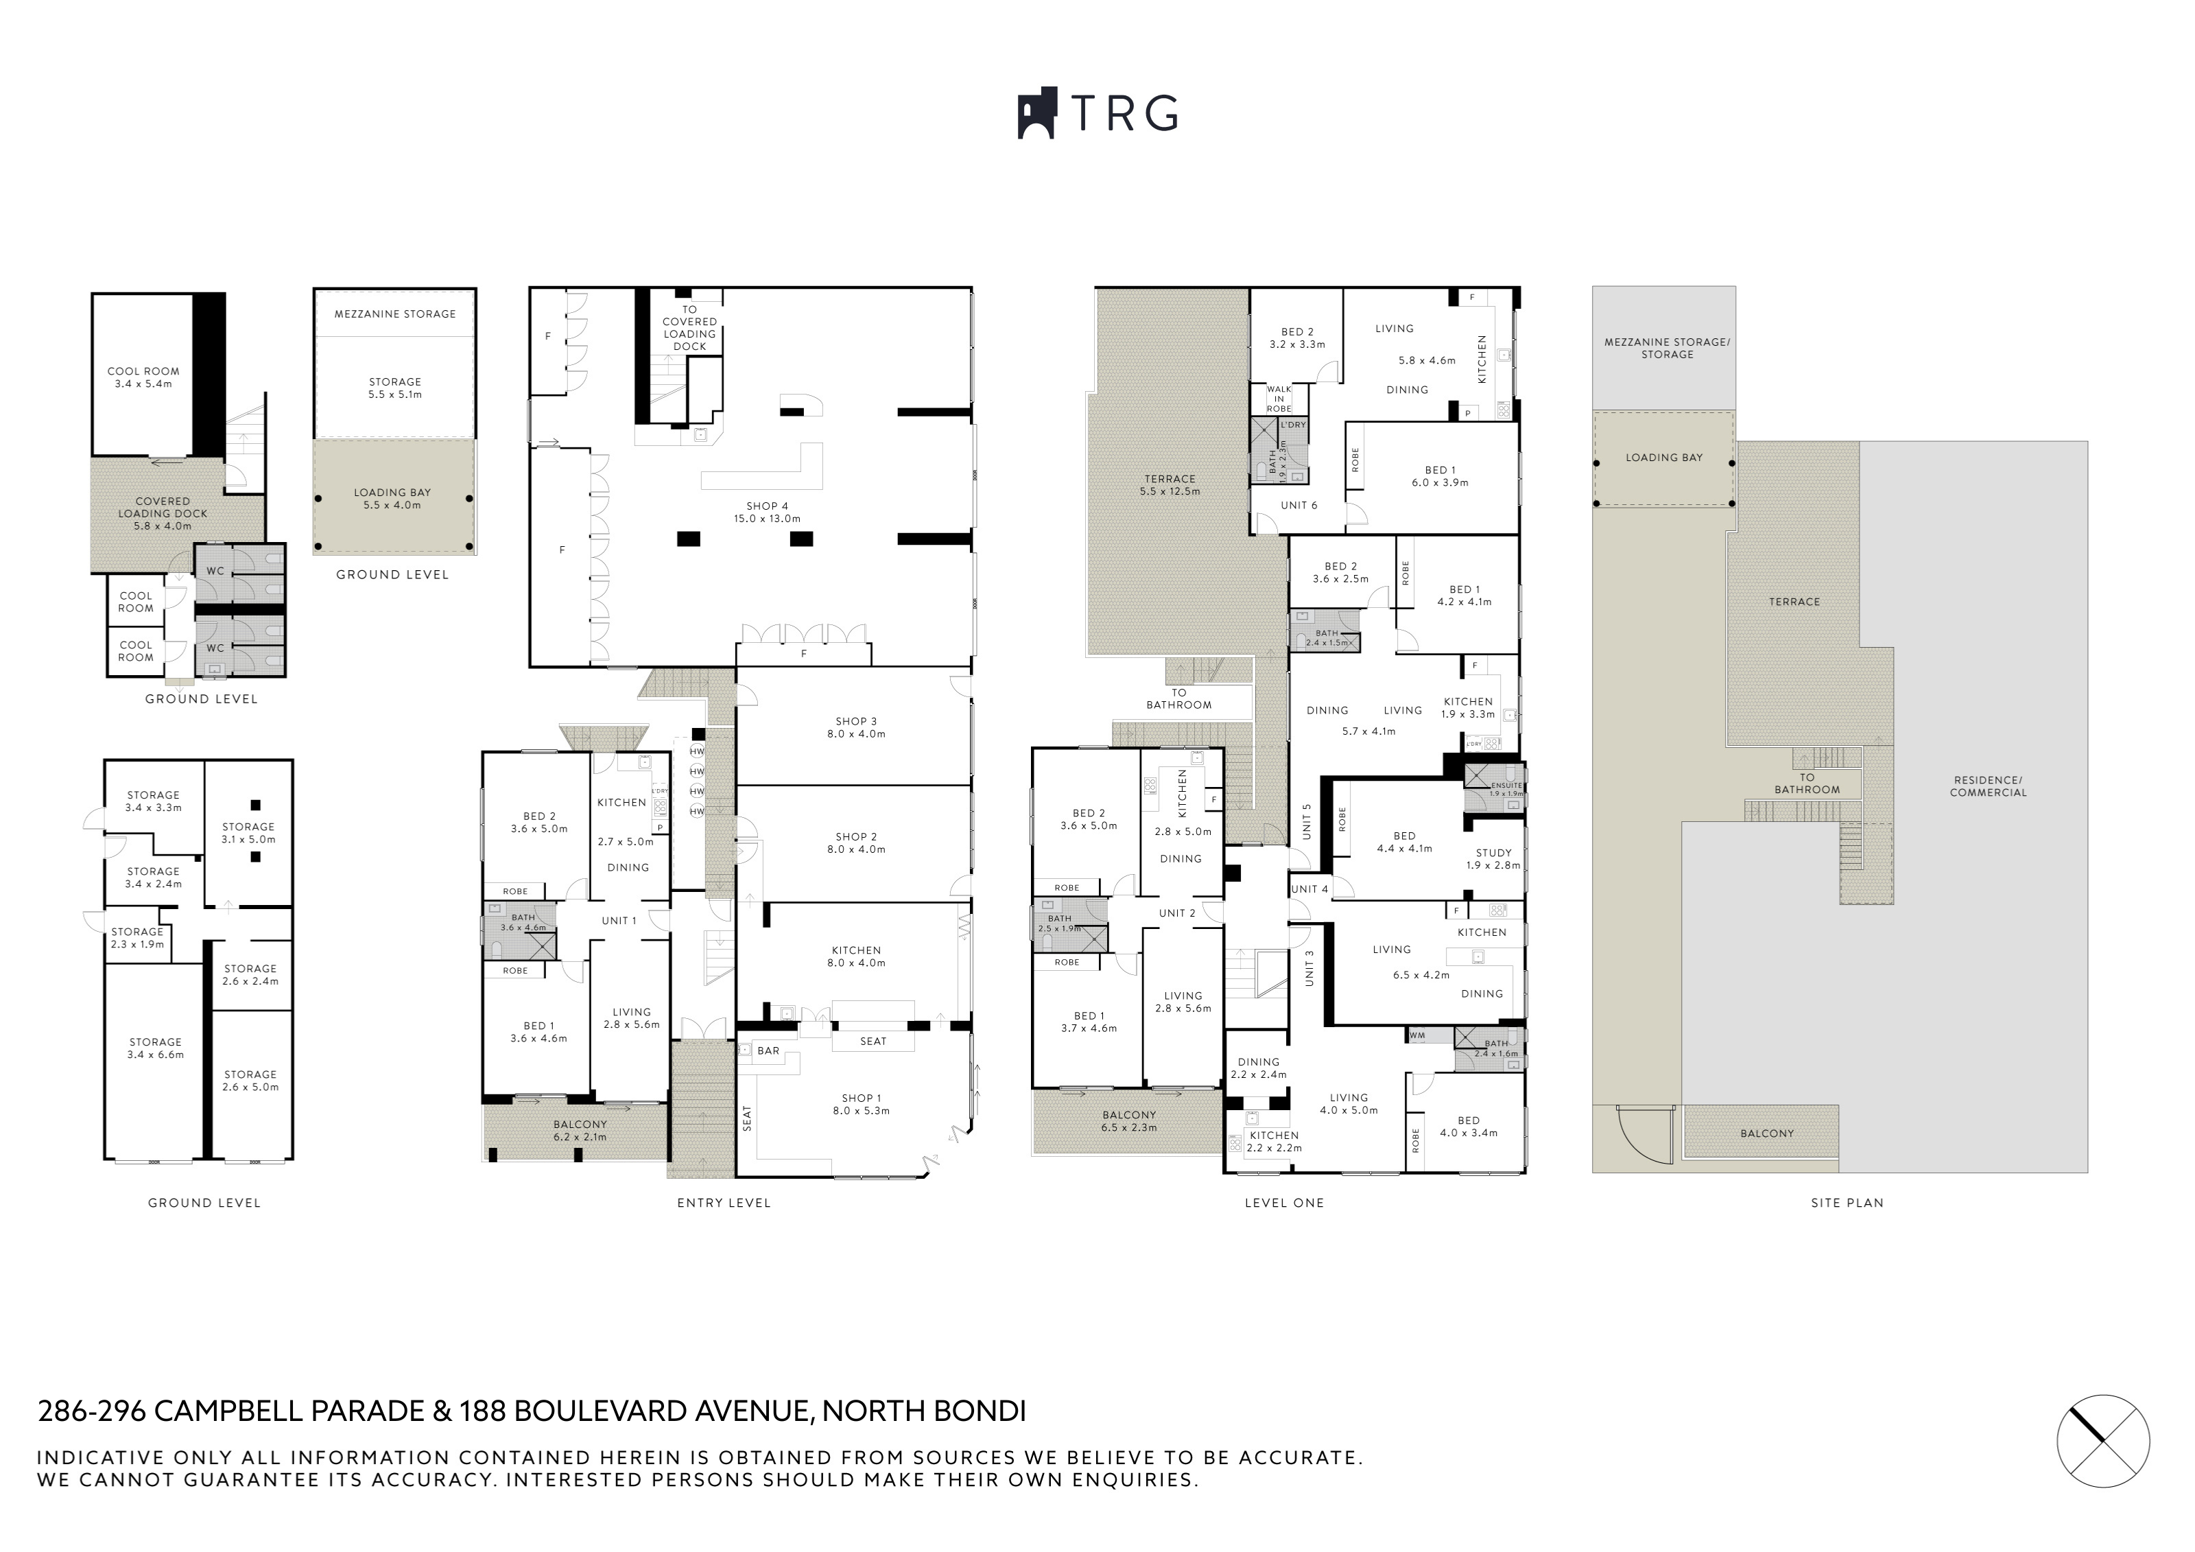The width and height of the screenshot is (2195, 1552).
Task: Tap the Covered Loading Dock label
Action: (163, 513)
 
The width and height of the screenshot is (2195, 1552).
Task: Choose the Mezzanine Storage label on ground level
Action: (395, 314)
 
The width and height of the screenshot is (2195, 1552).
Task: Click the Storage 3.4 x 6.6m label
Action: (156, 1048)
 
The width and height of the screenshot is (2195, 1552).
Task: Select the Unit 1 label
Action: (619, 921)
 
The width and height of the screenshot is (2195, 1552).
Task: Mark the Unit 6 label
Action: (1299, 505)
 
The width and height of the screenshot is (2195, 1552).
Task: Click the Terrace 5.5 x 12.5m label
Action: (1170, 485)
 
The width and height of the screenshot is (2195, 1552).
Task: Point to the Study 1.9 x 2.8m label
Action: (1493, 859)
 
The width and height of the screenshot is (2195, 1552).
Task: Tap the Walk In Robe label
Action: (1279, 399)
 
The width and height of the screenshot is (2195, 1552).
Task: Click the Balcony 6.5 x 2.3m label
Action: (1129, 1120)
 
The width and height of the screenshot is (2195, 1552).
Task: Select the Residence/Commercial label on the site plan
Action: (1989, 786)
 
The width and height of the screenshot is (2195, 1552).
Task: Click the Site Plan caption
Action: (1847, 1203)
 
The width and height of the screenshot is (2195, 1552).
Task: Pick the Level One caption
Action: (1284, 1203)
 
